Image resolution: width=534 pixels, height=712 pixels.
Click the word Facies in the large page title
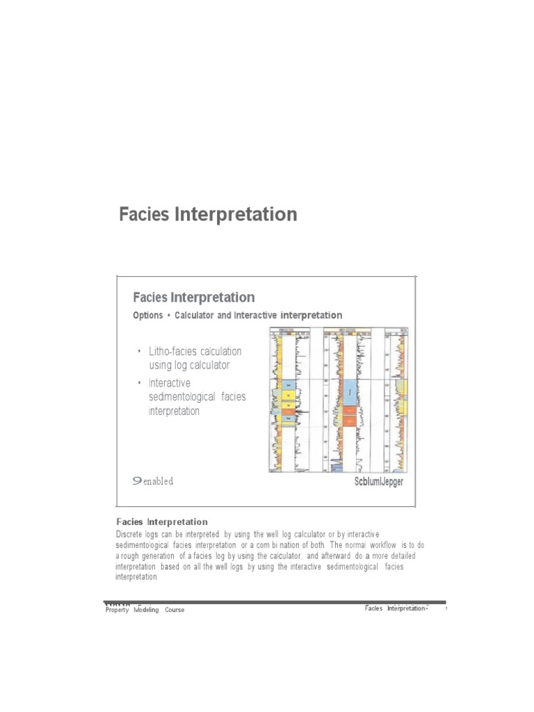pos(144,214)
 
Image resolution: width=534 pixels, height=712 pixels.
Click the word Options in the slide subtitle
pos(147,316)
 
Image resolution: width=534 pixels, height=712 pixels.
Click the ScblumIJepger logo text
pos(379,481)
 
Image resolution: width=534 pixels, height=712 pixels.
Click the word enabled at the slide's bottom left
pos(158,481)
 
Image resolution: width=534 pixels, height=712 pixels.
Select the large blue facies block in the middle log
pos(348,392)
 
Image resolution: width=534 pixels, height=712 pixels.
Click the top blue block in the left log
pos(288,385)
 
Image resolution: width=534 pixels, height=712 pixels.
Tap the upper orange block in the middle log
pos(348,411)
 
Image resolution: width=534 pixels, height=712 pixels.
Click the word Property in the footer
pos(117,610)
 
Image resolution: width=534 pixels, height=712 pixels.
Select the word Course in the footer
pos(175,610)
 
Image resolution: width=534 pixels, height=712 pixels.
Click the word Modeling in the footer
pos(147,610)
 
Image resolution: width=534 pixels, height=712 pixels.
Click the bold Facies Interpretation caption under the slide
pos(162,521)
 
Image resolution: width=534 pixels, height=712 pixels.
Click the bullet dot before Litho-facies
pos(140,352)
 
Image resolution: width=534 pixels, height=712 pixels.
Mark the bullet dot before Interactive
pos(140,383)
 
